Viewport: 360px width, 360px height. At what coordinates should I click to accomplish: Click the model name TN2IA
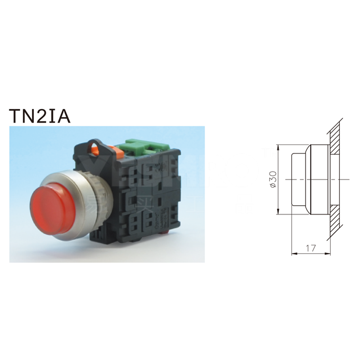[40, 116]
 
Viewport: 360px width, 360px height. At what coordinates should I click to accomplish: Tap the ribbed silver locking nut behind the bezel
[104, 198]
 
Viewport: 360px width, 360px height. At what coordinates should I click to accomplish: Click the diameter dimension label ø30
[273, 179]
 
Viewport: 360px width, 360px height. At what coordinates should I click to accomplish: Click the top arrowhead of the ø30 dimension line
[278, 147]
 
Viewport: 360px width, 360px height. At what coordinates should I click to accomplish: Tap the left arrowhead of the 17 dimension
[293, 253]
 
